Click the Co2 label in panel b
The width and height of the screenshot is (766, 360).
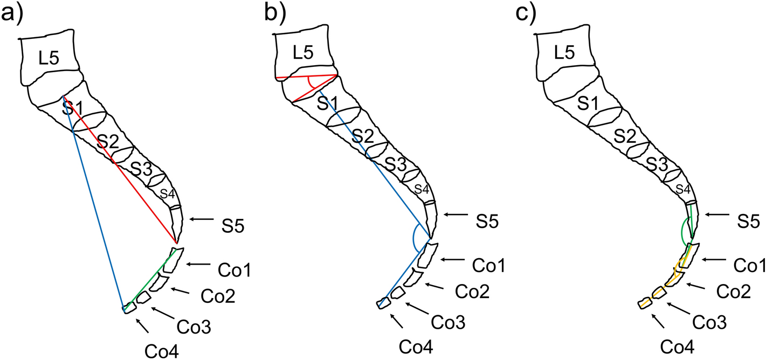(x=471, y=291)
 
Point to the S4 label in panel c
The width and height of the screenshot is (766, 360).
(x=683, y=189)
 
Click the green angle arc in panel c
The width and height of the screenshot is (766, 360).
(x=683, y=232)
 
